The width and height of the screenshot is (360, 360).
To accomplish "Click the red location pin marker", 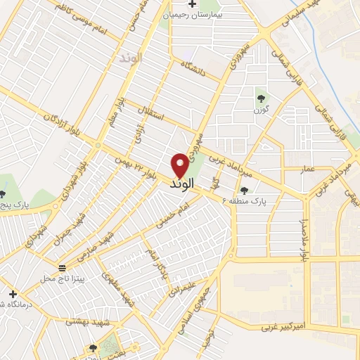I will pyautogui.click(x=180, y=165).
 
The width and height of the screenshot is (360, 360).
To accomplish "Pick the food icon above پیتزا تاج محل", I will pyautogui.click(x=63, y=267).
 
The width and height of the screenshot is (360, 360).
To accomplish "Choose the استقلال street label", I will pyautogui.click(x=149, y=113).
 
